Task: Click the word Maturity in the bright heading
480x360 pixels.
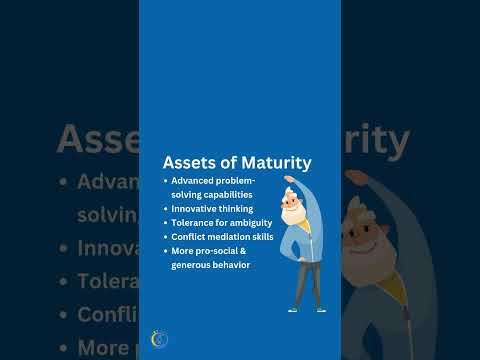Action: [x=275, y=162]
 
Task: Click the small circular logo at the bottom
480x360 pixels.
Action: [x=159, y=341]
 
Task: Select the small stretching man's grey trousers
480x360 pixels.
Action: [x=302, y=280]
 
